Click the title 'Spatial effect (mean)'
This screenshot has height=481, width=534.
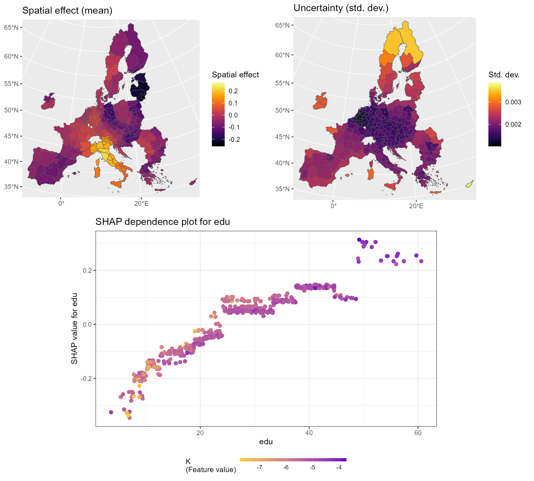67,11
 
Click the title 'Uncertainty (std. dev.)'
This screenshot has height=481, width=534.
341,8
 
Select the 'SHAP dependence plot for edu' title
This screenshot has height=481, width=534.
163,222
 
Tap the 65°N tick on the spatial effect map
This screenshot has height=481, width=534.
11,28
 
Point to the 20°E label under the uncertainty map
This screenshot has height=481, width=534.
416,206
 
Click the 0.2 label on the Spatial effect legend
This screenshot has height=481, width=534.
233,91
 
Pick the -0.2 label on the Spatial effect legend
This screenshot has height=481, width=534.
234,139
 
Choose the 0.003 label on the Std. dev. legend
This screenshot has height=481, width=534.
513,102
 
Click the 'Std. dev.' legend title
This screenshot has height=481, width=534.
504,75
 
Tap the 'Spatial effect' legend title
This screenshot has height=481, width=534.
235,75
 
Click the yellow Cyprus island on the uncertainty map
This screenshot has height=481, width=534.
469,184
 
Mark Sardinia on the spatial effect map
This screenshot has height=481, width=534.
97,172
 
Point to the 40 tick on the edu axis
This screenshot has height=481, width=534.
309,433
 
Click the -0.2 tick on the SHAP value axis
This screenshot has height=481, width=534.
86,379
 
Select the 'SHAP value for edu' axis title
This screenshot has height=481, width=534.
74,328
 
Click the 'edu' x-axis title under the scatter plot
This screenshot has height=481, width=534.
266,442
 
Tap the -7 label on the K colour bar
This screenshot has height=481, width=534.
259,467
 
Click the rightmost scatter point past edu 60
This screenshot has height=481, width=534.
421,261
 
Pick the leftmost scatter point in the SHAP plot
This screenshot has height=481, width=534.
111,412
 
